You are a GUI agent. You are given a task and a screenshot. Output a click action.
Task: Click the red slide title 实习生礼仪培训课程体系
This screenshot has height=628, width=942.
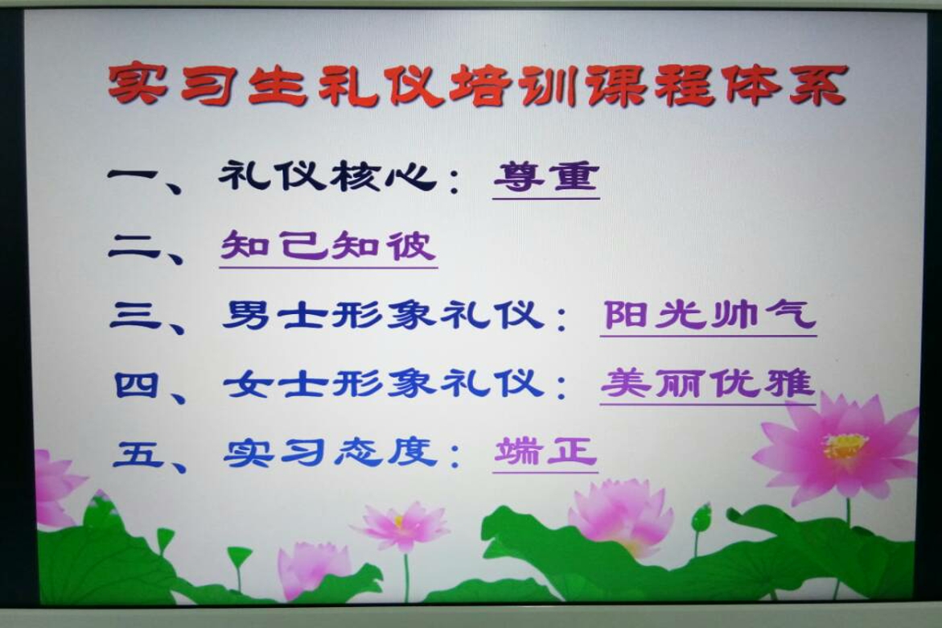(x=478, y=85)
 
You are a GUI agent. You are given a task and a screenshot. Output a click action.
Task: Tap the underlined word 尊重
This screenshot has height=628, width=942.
(x=546, y=178)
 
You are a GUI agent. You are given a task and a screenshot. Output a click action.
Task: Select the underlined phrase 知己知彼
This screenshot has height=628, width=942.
(x=328, y=246)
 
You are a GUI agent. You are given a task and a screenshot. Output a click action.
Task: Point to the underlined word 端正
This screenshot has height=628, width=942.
(x=545, y=452)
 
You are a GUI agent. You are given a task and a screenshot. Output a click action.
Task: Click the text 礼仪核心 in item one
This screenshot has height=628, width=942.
(x=327, y=177)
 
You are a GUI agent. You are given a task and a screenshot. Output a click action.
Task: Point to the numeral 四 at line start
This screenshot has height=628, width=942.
(x=137, y=385)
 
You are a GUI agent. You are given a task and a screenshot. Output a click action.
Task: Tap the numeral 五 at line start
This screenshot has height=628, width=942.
(x=138, y=453)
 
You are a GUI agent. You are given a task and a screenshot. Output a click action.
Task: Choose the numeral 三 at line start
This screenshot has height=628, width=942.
(x=135, y=315)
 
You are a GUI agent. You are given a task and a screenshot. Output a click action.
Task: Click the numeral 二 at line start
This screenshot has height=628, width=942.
(x=134, y=247)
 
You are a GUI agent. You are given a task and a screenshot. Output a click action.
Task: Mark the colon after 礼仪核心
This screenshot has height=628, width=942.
(x=455, y=180)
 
